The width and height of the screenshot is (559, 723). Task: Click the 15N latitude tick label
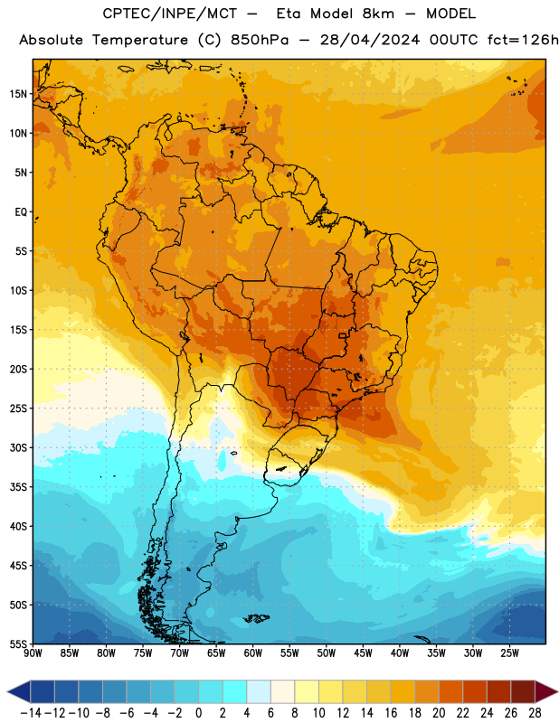pos(18,94)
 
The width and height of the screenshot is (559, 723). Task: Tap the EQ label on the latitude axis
pos(21,212)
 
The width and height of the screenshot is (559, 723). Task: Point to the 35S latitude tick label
pos(18,487)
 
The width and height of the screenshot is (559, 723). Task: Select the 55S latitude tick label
pos(18,644)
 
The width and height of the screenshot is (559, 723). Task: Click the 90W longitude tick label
pos(33,653)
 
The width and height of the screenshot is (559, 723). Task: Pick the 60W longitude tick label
pos(253,653)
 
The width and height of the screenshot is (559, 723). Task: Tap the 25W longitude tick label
pos(509,653)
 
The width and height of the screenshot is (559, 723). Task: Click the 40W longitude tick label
pos(400,653)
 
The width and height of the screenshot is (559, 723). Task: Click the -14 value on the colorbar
pos(31,713)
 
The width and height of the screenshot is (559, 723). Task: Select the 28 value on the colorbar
pos(535,713)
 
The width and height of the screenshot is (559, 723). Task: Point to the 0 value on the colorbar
pos(198,713)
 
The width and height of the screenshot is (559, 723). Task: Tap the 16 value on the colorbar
pos(391,713)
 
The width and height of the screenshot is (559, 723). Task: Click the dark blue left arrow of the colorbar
pos(19,691)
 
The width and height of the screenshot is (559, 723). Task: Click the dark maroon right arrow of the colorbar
pos(546,691)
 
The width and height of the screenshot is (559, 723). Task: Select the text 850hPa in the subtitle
pos(260,40)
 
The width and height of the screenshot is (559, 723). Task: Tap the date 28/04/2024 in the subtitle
pos(370,40)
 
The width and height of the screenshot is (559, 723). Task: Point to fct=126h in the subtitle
pos(523,40)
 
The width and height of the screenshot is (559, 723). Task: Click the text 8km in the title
pos(378,14)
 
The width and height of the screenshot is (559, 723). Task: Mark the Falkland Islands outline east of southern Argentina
pos(256,618)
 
